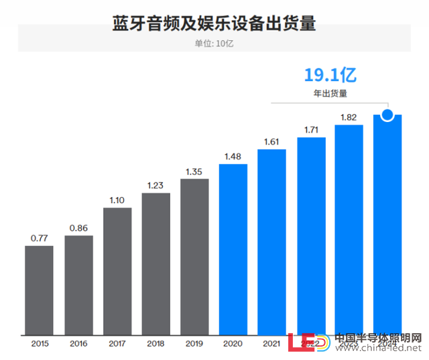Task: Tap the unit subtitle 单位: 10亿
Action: [214, 44]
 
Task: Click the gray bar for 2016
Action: [78, 285]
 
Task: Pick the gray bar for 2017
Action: [117, 272]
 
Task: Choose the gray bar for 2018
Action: [156, 264]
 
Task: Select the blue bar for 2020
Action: [233, 249]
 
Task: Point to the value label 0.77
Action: [40, 238]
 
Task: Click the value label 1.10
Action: [117, 200]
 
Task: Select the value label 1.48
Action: [233, 156]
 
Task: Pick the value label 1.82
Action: [349, 117]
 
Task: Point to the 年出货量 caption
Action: [328, 95]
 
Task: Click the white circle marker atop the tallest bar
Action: [387, 115]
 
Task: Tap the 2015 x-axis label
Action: [40, 343]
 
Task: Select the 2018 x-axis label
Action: [156, 343]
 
